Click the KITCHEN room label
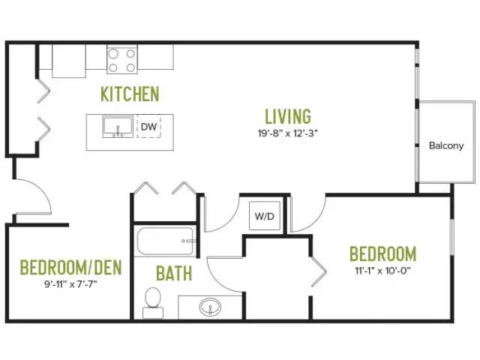[x=130, y=94]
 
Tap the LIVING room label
[x=288, y=116]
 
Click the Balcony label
[x=446, y=145]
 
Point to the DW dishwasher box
[x=148, y=126]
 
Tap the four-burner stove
[x=121, y=59]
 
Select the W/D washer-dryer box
[x=265, y=215]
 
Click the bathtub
[x=165, y=241]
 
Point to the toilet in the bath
[x=153, y=303]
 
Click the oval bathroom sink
[x=210, y=307]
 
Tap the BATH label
[x=174, y=273]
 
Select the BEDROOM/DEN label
[x=71, y=267]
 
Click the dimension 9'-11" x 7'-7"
[x=70, y=284]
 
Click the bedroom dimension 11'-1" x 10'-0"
[x=382, y=271]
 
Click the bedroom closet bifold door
[x=319, y=271]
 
